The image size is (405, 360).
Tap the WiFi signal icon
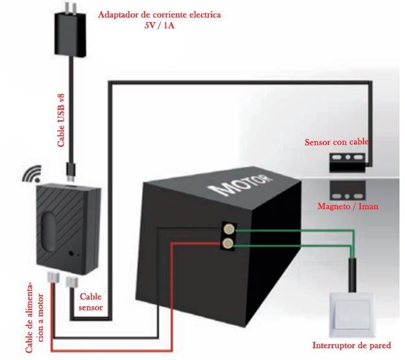(32, 174)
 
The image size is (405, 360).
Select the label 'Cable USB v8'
(61, 120)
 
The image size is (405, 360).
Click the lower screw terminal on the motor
(228, 243)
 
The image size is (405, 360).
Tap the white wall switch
(352, 315)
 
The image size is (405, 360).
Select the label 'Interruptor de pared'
(352, 345)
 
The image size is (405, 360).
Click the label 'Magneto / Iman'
(348, 206)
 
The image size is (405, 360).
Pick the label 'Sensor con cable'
(337, 142)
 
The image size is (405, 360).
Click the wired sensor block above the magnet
(347, 162)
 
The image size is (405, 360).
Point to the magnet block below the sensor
(347, 190)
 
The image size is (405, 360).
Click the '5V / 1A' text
(160, 25)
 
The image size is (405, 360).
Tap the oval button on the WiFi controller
(49, 232)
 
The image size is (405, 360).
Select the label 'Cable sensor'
(91, 302)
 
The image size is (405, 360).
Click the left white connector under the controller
(53, 278)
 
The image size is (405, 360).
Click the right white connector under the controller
(72, 282)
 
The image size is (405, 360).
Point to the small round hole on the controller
(71, 253)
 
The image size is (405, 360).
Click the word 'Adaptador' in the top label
(117, 14)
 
